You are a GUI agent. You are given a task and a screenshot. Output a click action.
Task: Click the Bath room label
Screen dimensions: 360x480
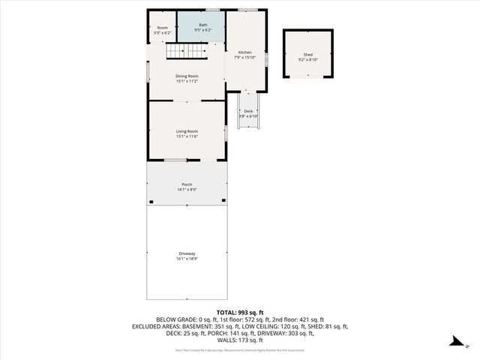click(202, 25)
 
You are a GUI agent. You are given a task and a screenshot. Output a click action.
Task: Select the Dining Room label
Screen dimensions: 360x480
click(187, 76)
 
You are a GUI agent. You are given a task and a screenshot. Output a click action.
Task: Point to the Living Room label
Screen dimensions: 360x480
click(187, 131)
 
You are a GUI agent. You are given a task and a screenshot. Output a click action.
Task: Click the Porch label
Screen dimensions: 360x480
click(187, 184)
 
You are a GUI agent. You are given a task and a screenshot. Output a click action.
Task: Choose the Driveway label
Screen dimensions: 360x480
click(187, 253)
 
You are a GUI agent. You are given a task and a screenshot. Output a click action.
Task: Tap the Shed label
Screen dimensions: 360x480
click(307, 55)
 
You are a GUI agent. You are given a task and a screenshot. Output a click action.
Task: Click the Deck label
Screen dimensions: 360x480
click(248, 111)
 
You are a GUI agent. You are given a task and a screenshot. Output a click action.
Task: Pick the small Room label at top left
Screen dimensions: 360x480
click(162, 28)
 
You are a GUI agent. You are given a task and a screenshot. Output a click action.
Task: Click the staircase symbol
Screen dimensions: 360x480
click(185, 51)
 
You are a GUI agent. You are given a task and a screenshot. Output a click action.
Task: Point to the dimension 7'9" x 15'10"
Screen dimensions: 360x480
click(244, 57)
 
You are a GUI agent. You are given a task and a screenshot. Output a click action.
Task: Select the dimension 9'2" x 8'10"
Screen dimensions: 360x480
click(307, 60)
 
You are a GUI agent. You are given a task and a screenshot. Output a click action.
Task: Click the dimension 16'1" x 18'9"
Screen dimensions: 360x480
click(187, 258)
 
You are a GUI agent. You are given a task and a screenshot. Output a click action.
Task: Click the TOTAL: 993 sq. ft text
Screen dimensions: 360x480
click(240, 312)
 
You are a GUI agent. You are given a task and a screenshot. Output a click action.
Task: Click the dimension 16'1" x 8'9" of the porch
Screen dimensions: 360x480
click(187, 190)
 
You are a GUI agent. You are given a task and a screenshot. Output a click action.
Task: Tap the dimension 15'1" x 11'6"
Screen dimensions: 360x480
click(187, 136)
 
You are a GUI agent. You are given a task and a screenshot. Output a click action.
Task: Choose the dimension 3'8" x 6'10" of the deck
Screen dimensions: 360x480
click(248, 116)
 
